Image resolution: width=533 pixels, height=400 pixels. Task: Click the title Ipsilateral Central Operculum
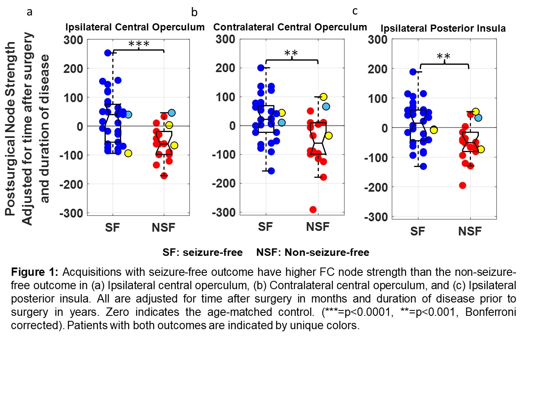(135, 27)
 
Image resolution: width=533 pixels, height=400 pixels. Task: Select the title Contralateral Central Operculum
(290, 27)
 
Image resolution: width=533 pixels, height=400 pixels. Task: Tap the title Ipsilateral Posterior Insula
(443, 28)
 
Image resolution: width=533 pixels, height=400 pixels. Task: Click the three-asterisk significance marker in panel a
(139, 44)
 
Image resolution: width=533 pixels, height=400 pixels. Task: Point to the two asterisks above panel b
(291, 53)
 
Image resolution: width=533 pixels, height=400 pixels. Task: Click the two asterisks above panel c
(443, 57)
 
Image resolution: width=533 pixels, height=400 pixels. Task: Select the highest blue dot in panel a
(108, 53)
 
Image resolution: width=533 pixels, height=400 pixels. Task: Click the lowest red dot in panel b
(313, 210)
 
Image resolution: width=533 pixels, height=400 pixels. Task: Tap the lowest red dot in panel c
(463, 185)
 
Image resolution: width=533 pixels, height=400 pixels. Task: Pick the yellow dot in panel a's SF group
(128, 153)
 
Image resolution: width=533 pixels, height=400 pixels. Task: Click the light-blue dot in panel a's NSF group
(172, 113)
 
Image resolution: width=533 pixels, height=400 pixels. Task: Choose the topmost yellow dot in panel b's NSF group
(324, 97)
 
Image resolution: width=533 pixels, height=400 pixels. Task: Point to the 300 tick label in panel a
(73, 40)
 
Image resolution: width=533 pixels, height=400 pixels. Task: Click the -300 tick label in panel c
(376, 217)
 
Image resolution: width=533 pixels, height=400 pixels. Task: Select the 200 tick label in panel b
(225, 68)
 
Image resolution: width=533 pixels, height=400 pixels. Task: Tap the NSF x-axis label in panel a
(163, 227)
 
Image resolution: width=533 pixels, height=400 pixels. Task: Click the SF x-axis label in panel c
(418, 231)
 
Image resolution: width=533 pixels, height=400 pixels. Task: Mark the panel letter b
(194, 12)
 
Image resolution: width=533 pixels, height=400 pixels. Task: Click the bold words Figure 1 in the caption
(35, 272)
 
